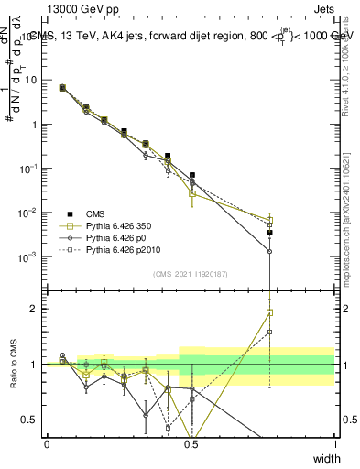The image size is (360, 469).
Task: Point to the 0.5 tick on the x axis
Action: (191, 443)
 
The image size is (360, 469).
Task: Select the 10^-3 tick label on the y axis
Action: (30, 257)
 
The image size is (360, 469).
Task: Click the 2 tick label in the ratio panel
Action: (37, 309)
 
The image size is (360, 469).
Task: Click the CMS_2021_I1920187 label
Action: (190, 273)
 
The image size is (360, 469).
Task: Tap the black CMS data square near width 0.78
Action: (270, 233)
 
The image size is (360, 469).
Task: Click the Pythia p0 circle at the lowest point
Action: (270, 251)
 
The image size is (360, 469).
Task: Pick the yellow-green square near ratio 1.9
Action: (270, 312)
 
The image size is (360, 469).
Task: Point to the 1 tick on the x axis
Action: (334, 443)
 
